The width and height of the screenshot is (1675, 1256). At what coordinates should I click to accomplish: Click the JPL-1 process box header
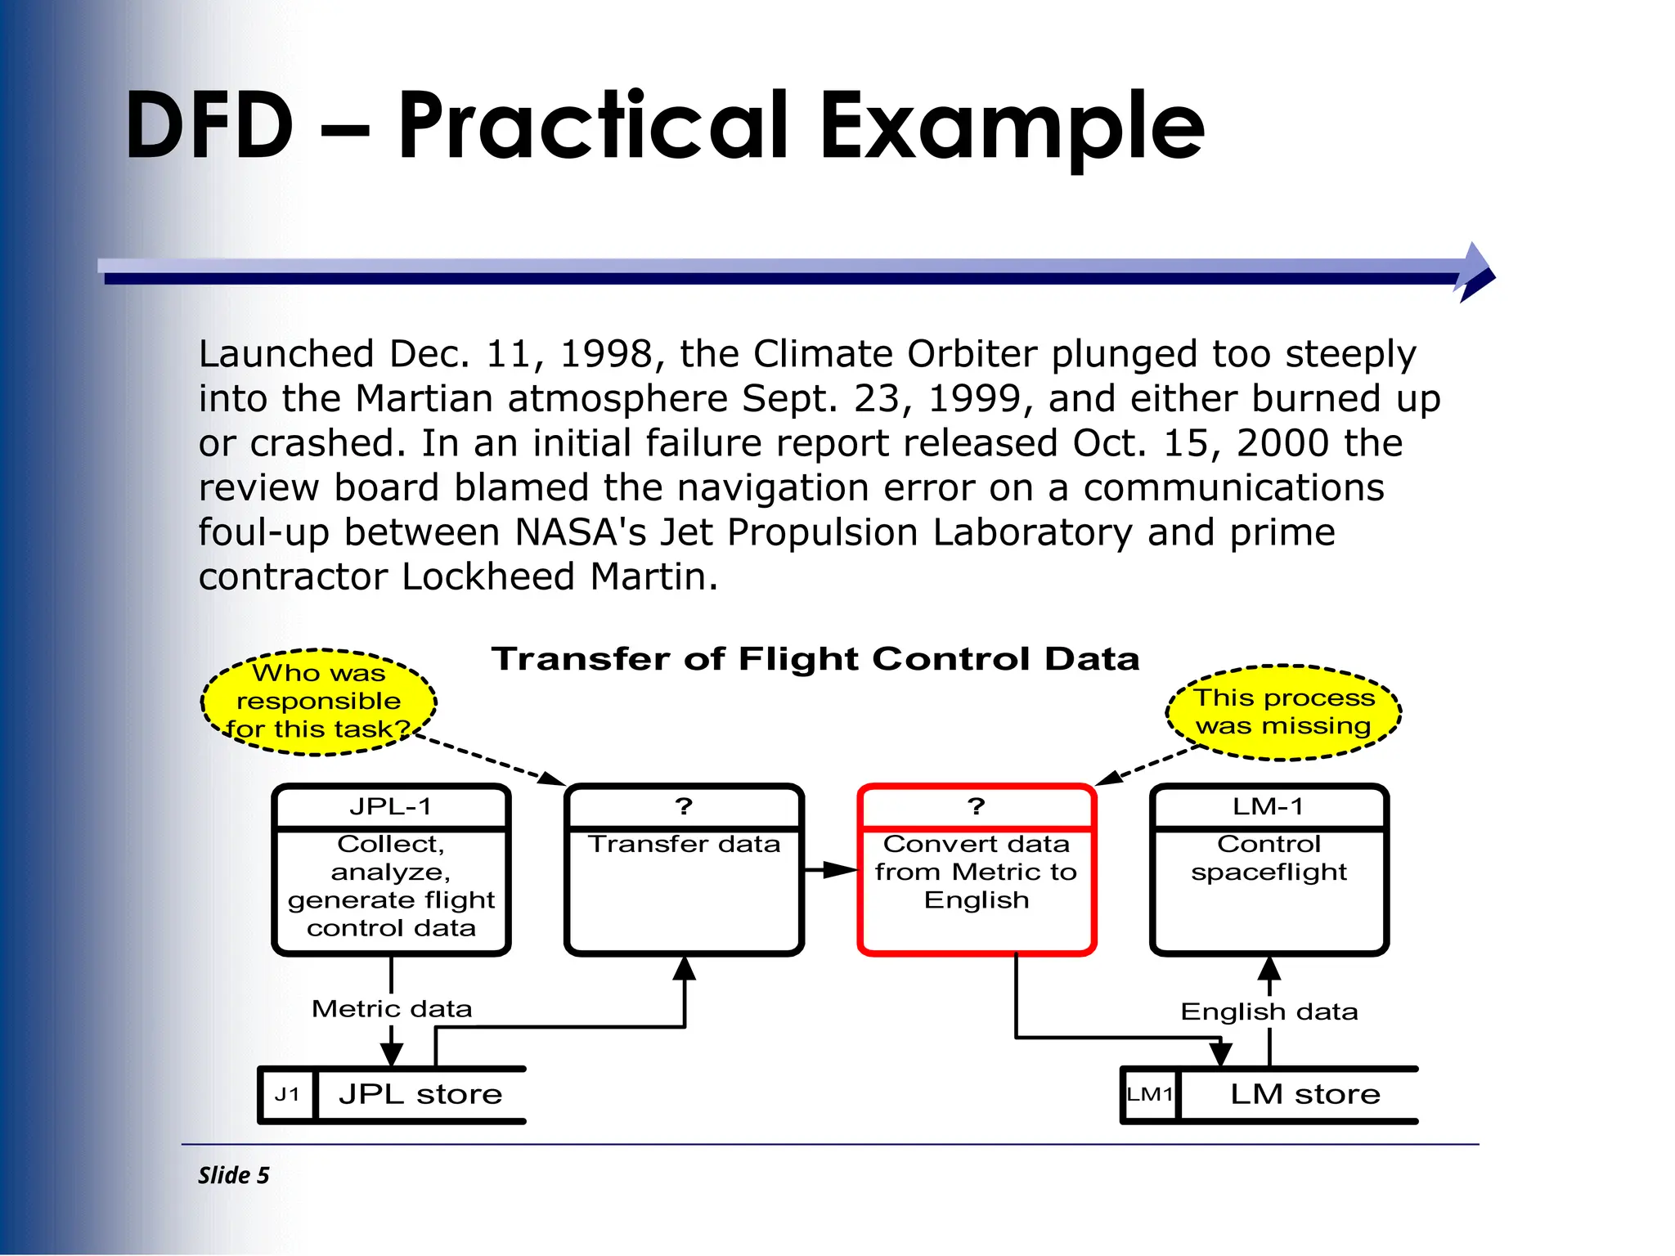click(x=391, y=806)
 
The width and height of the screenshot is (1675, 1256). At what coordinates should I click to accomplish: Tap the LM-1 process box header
click(x=1269, y=806)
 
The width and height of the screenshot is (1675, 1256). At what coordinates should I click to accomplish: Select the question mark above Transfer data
click(x=684, y=806)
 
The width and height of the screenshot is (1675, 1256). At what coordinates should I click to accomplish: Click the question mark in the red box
click(x=976, y=806)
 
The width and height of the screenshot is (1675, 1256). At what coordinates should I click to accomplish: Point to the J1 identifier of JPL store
click(x=287, y=1094)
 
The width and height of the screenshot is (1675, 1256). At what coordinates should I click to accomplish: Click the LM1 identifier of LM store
click(x=1150, y=1094)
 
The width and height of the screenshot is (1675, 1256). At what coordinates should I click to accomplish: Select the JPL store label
click(x=420, y=1094)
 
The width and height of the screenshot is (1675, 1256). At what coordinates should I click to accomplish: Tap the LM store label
click(x=1305, y=1094)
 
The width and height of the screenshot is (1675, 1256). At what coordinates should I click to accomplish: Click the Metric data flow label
click(x=392, y=1009)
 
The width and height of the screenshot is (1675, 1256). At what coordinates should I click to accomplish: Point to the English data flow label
click(x=1269, y=1012)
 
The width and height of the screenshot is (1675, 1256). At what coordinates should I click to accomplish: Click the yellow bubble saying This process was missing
click(x=1283, y=712)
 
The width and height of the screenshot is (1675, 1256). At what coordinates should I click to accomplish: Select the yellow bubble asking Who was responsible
click(x=318, y=702)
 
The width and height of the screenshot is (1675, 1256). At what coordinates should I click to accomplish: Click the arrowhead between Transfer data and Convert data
click(x=838, y=870)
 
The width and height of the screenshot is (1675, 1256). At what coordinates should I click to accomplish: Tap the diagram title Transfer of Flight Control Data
click(x=815, y=659)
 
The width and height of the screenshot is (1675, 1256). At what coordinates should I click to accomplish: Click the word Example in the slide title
click(x=1012, y=127)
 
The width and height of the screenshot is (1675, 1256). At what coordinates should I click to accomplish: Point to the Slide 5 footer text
click(x=233, y=1175)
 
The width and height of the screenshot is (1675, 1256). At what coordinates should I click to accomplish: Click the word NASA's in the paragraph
click(x=580, y=532)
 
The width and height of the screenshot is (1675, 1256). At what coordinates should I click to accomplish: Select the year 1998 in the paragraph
click(x=605, y=354)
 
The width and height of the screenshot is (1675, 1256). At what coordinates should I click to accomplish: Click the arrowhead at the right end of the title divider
click(x=1476, y=272)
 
